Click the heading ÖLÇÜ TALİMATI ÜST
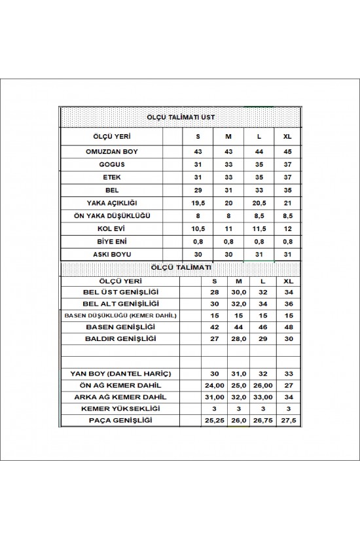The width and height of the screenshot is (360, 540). click(x=180, y=117)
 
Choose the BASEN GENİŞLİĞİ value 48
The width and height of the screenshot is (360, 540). click(x=287, y=327)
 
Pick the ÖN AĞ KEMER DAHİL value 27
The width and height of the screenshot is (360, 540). click(x=287, y=385)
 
